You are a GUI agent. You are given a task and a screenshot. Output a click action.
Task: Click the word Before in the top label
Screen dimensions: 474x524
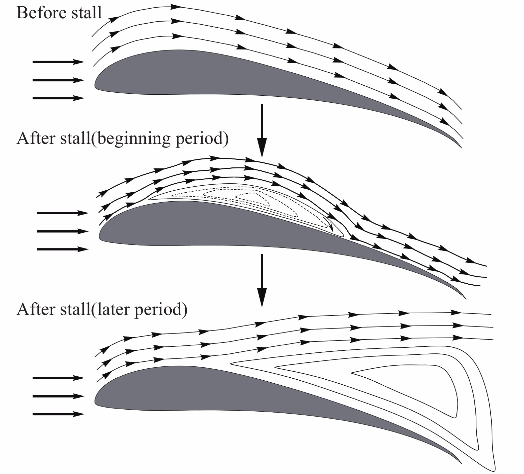pos(36,13)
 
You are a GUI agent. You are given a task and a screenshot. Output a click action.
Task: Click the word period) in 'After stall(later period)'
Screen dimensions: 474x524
pos(160,310)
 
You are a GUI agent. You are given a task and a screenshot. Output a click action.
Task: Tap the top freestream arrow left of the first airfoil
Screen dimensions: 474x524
pos(58,62)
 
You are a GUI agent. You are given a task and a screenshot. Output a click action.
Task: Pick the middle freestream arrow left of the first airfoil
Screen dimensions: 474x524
pos(58,80)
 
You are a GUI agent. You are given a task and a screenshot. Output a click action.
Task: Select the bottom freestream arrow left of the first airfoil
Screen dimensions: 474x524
pos(58,98)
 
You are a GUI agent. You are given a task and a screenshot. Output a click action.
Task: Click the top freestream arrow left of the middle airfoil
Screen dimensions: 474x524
pos(62,213)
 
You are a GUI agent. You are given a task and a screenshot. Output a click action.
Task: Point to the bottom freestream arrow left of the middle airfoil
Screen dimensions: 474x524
pos(62,249)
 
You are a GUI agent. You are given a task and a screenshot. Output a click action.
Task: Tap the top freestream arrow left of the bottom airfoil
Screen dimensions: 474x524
pos(58,378)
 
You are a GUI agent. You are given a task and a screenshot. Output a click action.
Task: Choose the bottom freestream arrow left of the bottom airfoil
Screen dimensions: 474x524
pos(58,414)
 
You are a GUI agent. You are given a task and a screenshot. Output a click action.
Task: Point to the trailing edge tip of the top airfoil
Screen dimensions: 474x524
pos(461,146)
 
